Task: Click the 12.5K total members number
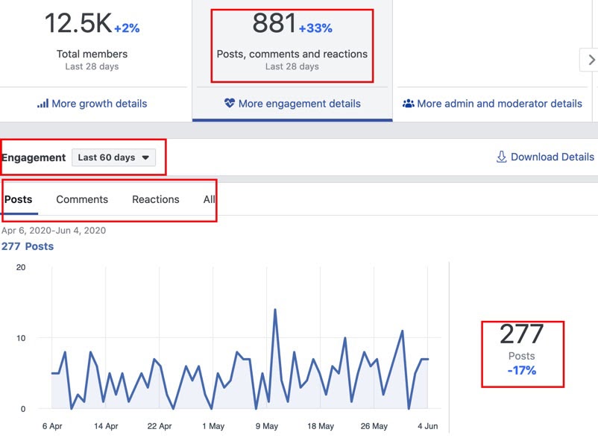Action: (78, 24)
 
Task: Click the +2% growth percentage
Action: (126, 28)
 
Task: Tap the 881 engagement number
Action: (274, 24)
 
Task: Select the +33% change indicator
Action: (315, 28)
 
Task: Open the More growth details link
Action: (92, 104)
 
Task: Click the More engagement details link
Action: (292, 104)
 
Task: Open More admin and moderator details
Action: (492, 104)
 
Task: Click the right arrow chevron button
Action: (591, 60)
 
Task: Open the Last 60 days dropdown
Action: (114, 157)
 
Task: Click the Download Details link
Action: (545, 157)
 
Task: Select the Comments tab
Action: (82, 199)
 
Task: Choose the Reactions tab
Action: (156, 199)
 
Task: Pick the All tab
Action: (210, 199)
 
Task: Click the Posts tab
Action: (19, 199)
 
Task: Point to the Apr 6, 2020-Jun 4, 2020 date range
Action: (54, 231)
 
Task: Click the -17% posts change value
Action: (521, 370)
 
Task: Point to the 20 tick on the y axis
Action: (21, 267)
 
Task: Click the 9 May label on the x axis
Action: (267, 426)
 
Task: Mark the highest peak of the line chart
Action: (275, 309)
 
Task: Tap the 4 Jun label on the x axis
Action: (428, 426)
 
